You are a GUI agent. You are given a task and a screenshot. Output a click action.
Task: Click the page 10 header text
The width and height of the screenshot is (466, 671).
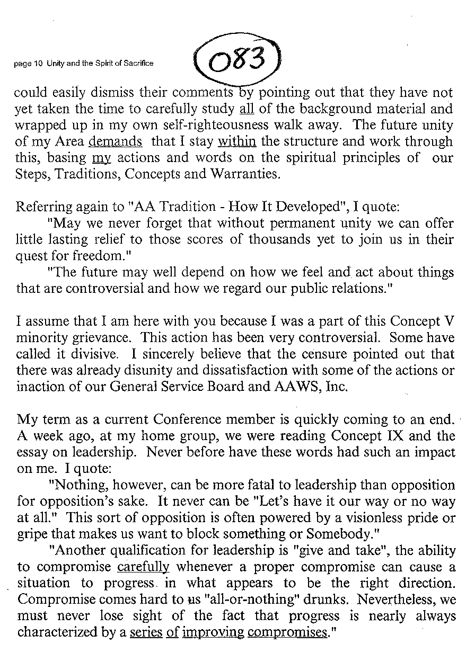(84, 64)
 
